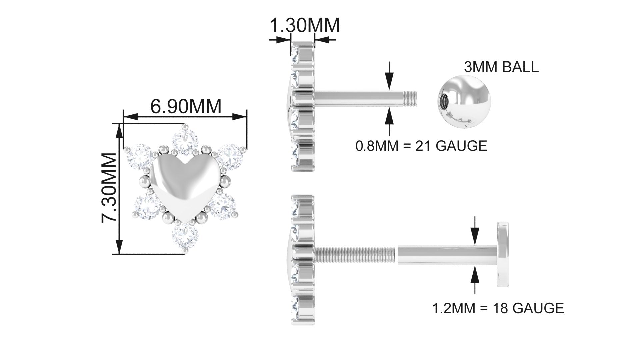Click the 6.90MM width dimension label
186,106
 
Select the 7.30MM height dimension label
109,187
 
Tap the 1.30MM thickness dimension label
304,25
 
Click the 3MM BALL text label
501,67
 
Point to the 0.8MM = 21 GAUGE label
421,146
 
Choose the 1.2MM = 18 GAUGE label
498,308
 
